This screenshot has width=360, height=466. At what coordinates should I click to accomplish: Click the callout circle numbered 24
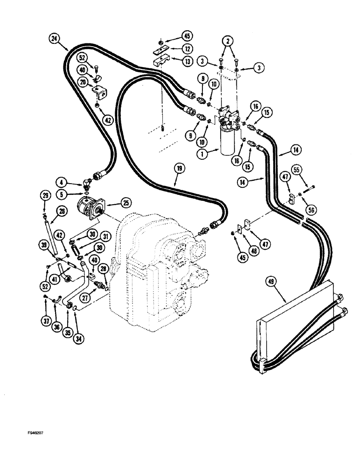pyautogui.click(x=54, y=39)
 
